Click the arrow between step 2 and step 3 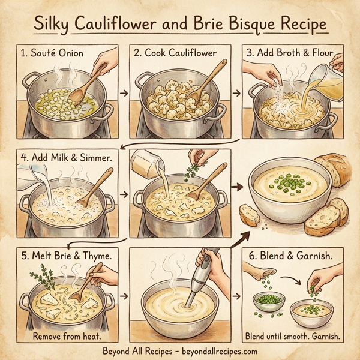(x=236, y=94)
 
